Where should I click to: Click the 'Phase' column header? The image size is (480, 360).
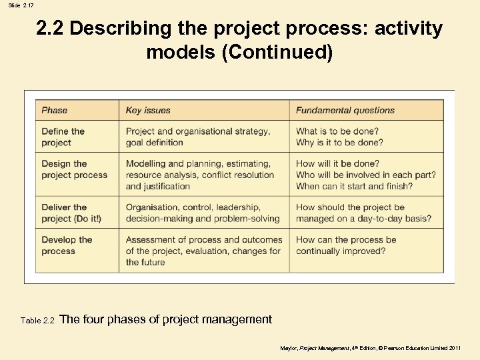click(55, 110)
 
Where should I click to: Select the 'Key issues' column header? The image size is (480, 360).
click(148, 110)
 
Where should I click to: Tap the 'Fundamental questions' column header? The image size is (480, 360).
click(345, 110)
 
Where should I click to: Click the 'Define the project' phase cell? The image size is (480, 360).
click(63, 137)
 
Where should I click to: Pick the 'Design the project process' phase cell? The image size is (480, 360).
click(74, 169)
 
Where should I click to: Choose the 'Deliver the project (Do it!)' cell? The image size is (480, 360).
click(71, 213)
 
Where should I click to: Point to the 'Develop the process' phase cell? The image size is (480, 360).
click(67, 245)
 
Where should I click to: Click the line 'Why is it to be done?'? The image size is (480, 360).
click(339, 143)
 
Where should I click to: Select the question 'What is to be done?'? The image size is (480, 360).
click(337, 131)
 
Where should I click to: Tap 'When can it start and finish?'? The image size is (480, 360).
click(355, 186)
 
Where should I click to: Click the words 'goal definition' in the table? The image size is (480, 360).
click(154, 143)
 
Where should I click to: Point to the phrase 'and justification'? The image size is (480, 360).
click(157, 186)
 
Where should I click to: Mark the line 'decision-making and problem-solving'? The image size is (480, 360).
click(203, 219)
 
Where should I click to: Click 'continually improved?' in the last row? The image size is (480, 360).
click(341, 251)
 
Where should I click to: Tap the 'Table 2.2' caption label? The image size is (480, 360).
click(37, 321)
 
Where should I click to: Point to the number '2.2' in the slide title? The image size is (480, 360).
click(50, 29)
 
